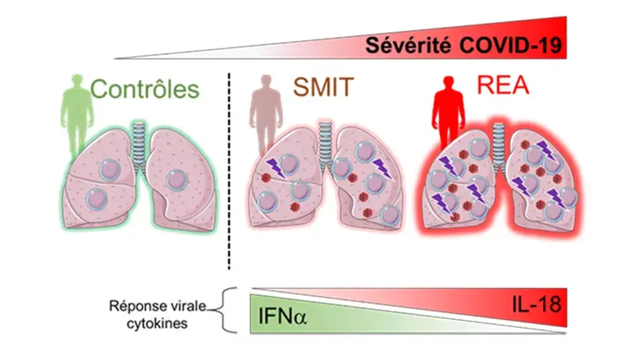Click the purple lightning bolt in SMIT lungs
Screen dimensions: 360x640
pyautogui.click(x=275, y=169)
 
